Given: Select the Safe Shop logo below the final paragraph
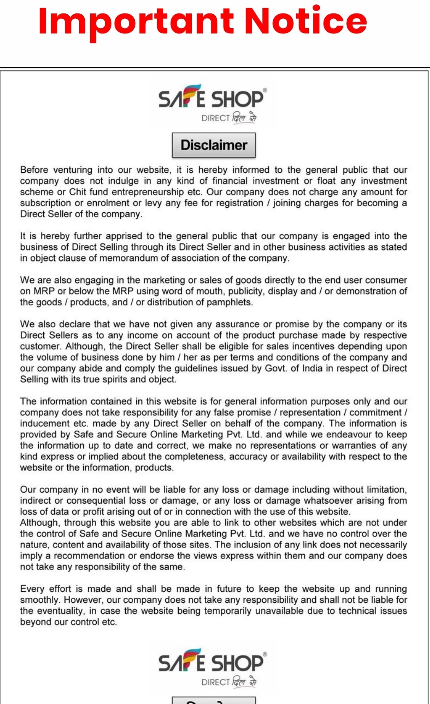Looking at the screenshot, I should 212,667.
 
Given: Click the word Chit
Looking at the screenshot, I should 77,192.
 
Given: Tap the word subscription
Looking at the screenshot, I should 45,203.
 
